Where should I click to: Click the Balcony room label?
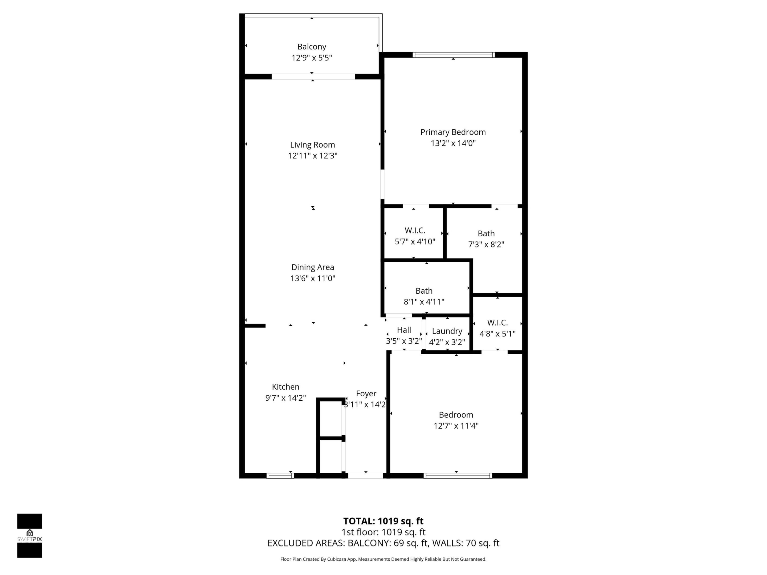click(311, 46)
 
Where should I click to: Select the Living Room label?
click(312, 145)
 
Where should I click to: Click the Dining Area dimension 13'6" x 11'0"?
click(312, 278)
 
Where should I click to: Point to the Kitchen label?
click(285, 387)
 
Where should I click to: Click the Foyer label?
click(366, 393)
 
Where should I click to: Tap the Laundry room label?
click(447, 331)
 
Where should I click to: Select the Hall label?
click(404, 330)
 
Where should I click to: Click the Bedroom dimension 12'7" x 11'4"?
click(456, 426)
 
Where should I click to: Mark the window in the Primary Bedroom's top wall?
click(453, 55)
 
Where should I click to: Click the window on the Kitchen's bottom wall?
click(280, 475)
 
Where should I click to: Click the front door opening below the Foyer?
click(365, 475)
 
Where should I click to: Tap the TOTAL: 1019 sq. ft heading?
click(383, 521)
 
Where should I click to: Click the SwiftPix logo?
click(30, 536)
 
